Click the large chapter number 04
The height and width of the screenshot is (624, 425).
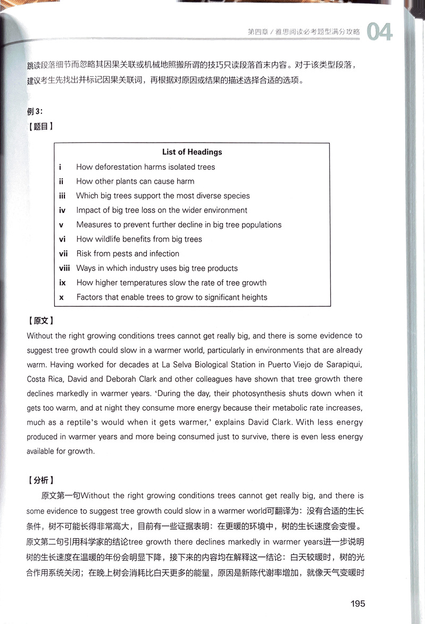point(380,32)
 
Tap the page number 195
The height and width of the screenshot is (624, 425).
point(357,604)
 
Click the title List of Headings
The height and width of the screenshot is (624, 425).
point(192,152)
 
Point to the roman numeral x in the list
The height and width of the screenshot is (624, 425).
point(61,298)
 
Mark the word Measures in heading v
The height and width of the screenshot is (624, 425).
point(94,225)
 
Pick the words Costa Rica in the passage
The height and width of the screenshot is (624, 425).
point(44,379)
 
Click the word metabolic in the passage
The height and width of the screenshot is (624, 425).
point(281,408)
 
